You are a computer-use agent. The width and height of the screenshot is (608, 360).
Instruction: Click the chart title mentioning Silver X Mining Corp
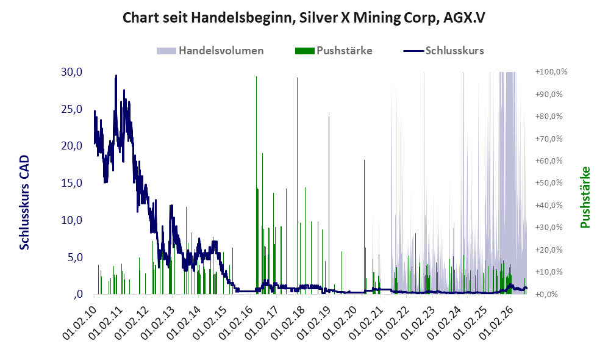pos(304,18)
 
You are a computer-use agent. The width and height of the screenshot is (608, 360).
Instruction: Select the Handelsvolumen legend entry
pos(210,51)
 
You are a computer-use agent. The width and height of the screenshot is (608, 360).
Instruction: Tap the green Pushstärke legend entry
pos(334,51)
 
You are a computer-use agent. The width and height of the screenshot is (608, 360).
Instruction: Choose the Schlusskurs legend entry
pos(443,51)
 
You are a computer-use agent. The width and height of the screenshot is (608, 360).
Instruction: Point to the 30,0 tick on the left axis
pos(72,72)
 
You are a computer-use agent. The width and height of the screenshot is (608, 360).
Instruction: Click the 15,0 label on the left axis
pos(72,182)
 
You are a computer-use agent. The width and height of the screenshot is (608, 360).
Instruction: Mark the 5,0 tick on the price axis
pos(75,257)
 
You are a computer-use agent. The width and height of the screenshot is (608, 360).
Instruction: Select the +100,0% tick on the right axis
pos(551,72)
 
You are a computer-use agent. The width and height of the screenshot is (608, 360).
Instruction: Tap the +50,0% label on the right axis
pos(549,182)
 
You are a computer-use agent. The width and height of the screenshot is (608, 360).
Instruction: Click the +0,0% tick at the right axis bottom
pos(546,294)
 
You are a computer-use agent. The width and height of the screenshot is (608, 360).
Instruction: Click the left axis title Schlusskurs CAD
pos(24,202)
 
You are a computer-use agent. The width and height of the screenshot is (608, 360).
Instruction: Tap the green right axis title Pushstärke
pos(585,197)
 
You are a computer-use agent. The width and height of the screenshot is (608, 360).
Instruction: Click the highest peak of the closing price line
pos(116,76)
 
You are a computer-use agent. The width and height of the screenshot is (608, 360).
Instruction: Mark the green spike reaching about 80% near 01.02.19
pos(329,205)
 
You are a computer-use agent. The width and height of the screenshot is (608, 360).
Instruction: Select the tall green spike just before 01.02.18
pos(298,185)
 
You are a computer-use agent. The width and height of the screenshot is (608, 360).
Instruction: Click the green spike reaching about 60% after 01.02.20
pos(365,226)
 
